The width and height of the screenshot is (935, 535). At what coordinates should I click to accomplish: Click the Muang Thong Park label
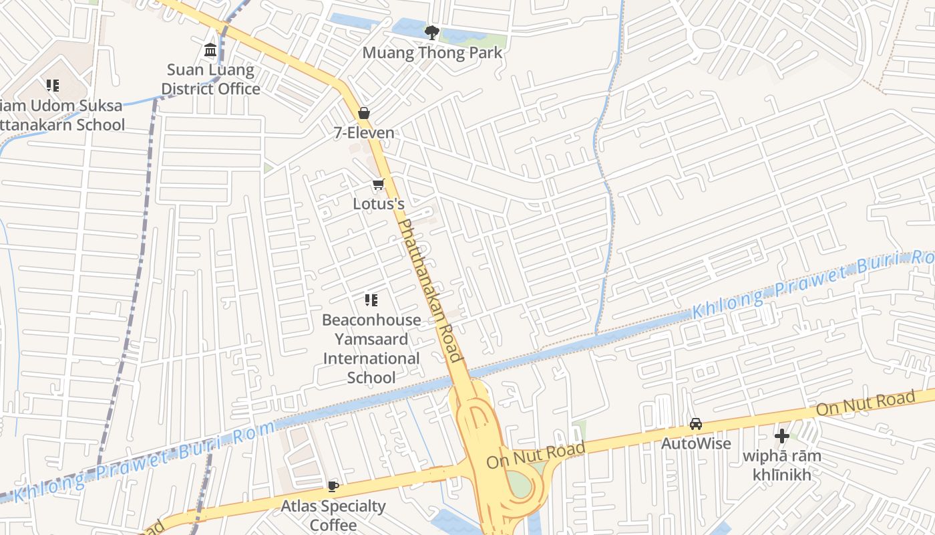(432, 52)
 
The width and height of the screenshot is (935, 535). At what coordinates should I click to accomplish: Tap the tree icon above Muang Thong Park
(432, 31)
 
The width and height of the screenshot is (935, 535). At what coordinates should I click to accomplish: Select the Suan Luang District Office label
(210, 79)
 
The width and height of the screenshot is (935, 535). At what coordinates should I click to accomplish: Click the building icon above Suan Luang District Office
(210, 49)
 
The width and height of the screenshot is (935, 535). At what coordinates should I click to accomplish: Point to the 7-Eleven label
(364, 132)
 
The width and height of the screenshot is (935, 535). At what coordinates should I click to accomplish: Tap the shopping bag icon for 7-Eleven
(364, 112)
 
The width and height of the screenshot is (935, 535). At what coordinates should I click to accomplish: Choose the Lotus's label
(379, 203)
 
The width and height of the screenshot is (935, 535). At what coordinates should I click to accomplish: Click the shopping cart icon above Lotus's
(379, 184)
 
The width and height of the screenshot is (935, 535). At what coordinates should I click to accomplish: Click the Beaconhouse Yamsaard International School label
(371, 348)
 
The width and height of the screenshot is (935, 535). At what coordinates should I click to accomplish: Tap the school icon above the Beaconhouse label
(371, 300)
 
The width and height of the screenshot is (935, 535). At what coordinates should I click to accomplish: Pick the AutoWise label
(696, 443)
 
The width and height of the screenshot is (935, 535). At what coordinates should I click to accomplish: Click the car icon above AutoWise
(696, 424)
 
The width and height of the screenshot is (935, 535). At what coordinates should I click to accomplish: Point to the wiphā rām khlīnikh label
(782, 465)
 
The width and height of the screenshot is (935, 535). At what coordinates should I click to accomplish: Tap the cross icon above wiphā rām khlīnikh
(782, 437)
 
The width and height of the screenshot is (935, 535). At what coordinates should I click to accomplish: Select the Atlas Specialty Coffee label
(333, 515)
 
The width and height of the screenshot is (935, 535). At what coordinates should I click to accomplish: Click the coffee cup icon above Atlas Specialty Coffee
(333, 486)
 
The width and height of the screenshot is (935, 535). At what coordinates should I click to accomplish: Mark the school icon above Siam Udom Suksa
(53, 85)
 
